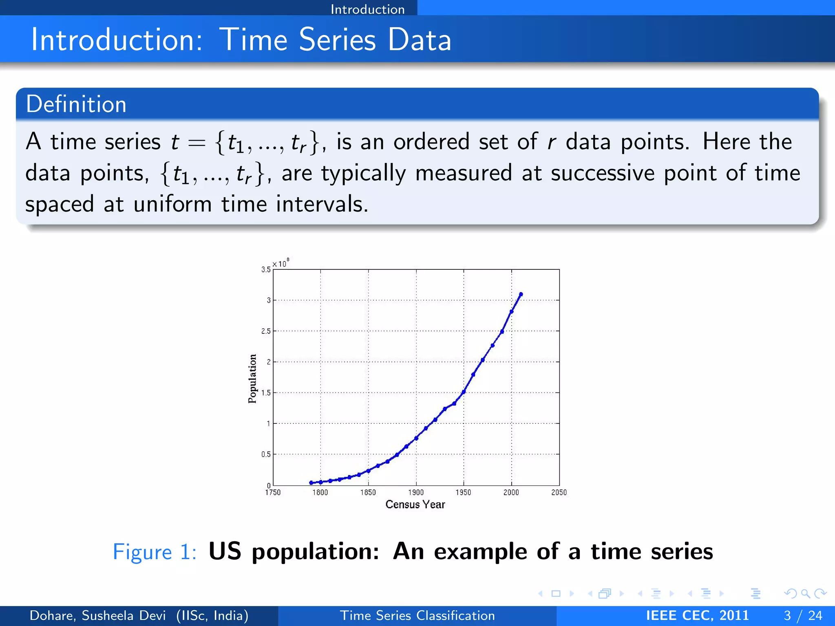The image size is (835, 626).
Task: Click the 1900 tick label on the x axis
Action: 416,492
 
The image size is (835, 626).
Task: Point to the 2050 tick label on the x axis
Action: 559,492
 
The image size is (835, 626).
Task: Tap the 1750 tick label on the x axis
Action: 273,492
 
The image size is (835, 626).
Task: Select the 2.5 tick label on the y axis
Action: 266,331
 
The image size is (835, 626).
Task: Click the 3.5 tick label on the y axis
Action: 266,269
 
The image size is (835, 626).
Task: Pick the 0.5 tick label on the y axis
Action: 266,454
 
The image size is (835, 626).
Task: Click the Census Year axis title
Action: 415,505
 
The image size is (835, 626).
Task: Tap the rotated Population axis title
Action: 252,379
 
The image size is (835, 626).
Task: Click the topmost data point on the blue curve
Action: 521,294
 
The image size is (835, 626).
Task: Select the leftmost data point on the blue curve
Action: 311,483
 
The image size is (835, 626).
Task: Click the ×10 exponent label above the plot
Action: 281,263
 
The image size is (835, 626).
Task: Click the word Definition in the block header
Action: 76,104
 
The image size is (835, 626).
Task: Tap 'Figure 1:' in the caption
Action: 155,552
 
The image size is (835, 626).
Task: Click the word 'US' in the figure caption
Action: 225,551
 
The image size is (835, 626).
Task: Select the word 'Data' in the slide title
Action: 419,40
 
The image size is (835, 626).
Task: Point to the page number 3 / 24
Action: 803,615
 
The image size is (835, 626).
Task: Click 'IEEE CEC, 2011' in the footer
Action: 697,615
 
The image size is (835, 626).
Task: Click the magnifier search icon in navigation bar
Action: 805,593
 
